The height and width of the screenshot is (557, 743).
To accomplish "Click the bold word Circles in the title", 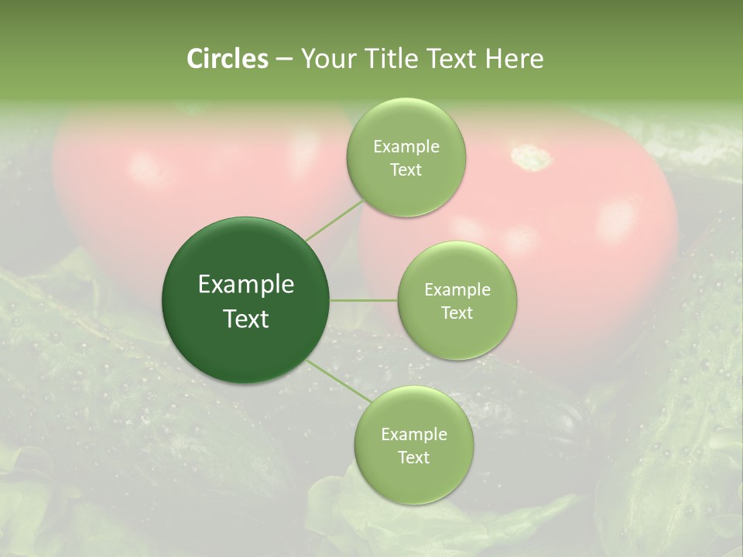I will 227,59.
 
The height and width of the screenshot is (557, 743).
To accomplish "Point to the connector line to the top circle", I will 334,220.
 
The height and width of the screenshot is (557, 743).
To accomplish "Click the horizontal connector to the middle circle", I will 364,300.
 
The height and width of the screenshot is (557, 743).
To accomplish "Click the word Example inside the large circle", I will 246,285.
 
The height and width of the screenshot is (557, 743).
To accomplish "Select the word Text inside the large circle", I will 246,319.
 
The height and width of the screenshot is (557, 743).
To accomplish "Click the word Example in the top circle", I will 406,147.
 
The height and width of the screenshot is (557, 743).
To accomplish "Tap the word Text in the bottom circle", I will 413,457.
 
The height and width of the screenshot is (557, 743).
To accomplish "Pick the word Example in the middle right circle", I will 457,290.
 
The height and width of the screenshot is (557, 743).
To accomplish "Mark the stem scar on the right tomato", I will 532,157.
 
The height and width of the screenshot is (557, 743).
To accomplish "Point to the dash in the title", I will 284,59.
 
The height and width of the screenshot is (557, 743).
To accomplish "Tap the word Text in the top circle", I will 406,170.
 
